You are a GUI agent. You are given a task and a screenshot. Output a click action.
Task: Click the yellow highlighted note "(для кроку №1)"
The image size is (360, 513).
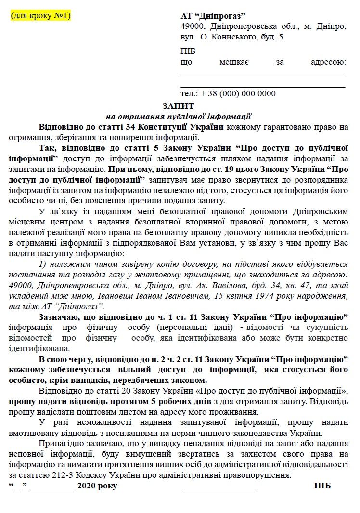point(40,16)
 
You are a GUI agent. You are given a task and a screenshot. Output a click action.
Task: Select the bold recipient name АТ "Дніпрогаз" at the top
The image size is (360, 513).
point(213,16)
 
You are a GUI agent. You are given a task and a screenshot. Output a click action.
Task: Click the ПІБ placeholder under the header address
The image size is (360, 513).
point(188,52)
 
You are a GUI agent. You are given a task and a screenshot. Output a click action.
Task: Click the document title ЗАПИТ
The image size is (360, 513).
point(180,105)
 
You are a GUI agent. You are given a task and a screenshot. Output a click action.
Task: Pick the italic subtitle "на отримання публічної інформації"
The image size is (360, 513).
point(179,116)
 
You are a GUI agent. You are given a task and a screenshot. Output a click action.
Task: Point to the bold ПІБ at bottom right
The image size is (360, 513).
point(322,486)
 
